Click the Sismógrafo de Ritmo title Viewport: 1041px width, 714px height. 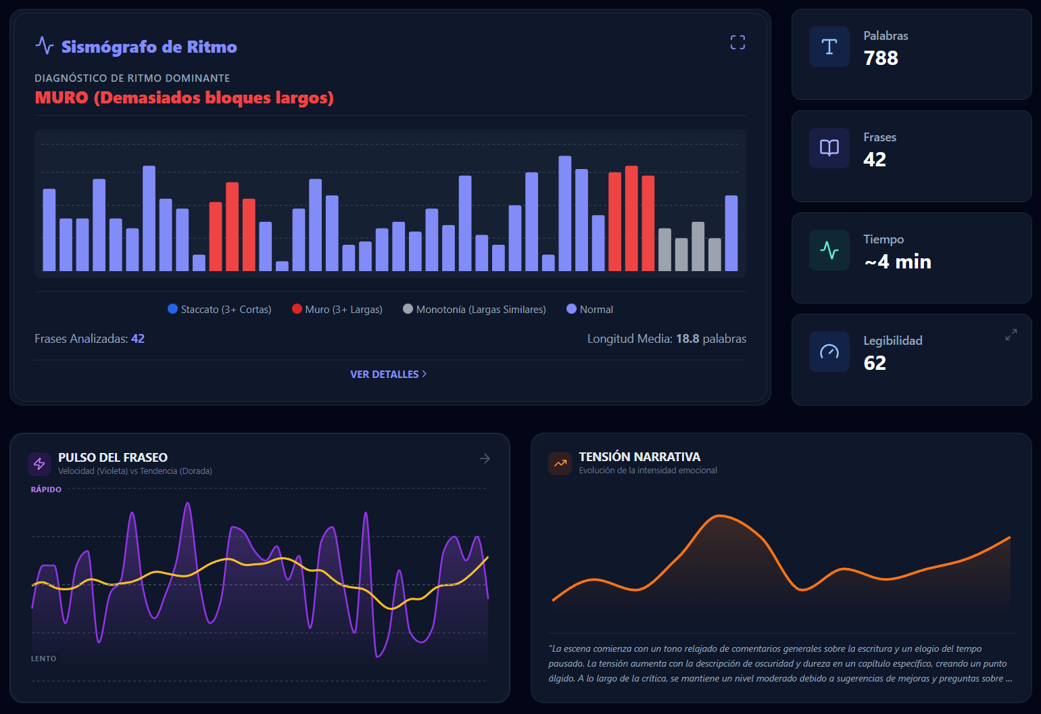point(149,47)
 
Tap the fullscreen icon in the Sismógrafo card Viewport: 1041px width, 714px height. point(737,43)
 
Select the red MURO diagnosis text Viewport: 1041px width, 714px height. point(184,97)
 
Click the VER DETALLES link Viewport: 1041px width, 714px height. point(388,374)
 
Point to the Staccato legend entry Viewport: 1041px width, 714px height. point(219,309)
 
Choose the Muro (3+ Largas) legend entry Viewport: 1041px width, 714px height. point(337,309)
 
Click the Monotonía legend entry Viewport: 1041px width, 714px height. point(475,309)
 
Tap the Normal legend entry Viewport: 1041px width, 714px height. point(589,309)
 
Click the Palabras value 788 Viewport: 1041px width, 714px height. point(881,58)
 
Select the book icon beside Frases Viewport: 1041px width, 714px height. point(829,148)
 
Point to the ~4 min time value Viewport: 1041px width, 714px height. point(898,262)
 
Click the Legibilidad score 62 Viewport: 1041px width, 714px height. point(875,363)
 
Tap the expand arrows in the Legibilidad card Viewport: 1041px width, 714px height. point(1011,335)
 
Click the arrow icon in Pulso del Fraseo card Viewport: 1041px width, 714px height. point(485,459)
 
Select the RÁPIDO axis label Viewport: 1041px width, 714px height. point(46,490)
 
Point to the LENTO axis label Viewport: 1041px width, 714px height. point(44,659)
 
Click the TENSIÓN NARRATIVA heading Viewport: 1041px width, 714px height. point(639,457)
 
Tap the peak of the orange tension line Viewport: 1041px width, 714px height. point(719,515)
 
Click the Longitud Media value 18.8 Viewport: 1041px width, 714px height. point(687,338)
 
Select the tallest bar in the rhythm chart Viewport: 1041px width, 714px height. point(564,214)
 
